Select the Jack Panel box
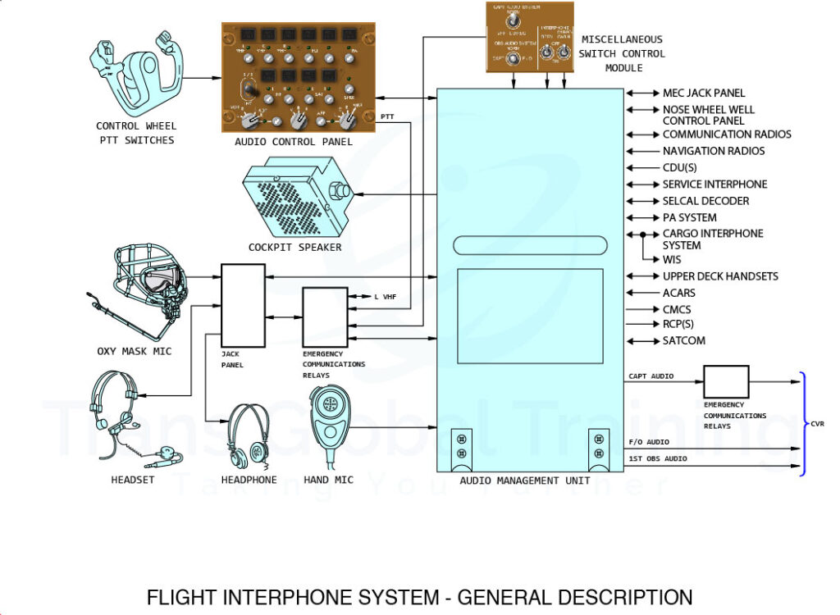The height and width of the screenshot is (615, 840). coord(244,304)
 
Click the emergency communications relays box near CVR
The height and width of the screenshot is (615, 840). coord(726,382)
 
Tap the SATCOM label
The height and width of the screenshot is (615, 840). coord(684,341)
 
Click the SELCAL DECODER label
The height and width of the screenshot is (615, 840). coord(705,201)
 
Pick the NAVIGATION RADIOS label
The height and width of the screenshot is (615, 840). coord(714,151)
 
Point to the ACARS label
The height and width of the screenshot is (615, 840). coord(679,293)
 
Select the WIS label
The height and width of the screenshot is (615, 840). coord(672,259)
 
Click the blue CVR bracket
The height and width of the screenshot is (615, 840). coord(805,424)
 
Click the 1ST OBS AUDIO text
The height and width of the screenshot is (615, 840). coord(657,459)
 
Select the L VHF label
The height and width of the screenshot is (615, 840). coord(385,296)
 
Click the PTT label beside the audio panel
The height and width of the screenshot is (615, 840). coord(388,117)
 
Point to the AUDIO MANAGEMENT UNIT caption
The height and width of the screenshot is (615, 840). coord(524,481)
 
